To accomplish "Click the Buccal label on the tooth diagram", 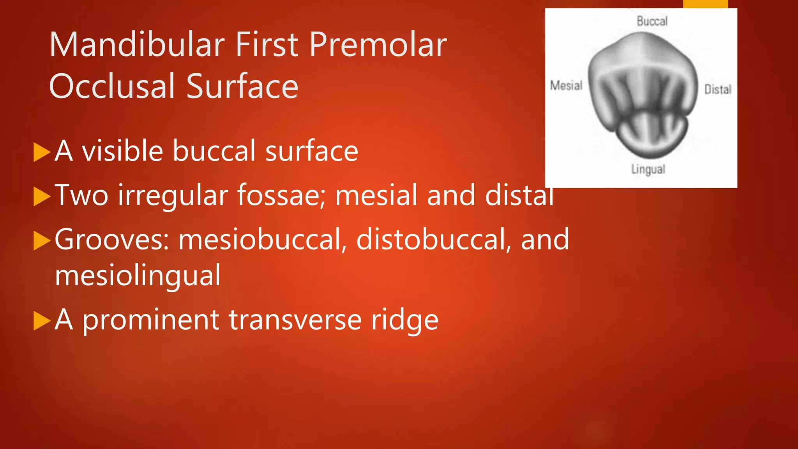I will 652,21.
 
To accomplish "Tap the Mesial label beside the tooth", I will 566,85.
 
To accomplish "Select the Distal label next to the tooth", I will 718,90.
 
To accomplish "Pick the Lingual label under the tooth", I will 648,169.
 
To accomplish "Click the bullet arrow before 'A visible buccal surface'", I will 42,152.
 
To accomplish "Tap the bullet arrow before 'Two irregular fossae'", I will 42,196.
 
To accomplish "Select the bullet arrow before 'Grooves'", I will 42,240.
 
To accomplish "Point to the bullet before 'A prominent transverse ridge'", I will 42,321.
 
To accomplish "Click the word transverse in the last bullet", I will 295,320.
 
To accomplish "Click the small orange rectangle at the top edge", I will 705,4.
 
